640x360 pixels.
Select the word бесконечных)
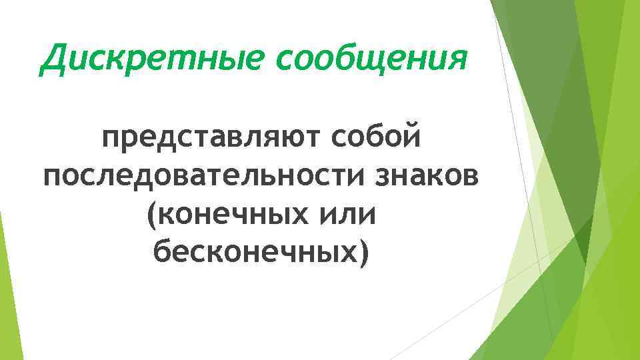click(261, 253)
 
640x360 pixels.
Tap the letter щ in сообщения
click(378, 59)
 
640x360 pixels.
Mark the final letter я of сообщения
click(455, 59)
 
